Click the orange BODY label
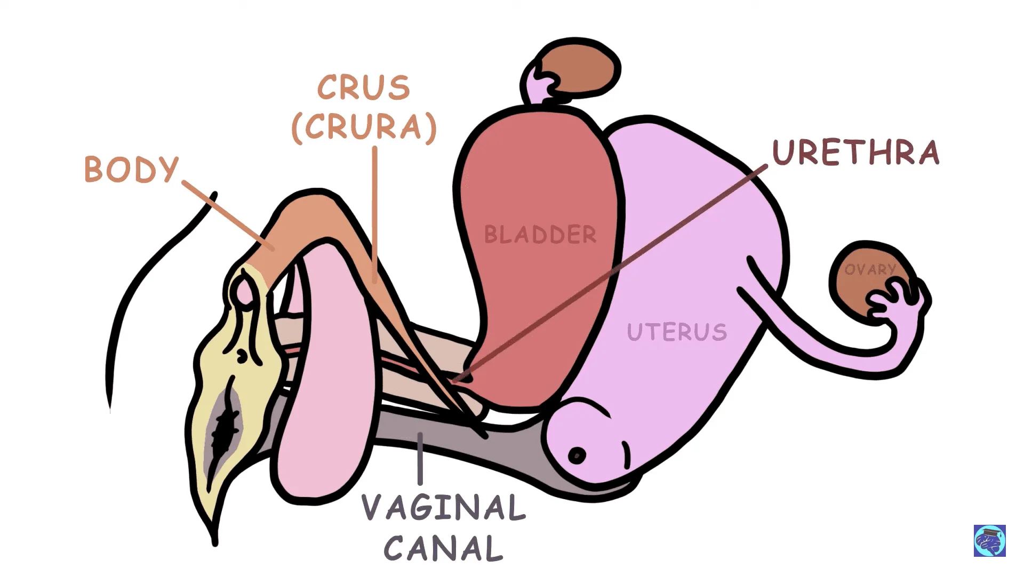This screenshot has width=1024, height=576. click(x=131, y=170)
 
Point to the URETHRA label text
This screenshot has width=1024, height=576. click(x=855, y=153)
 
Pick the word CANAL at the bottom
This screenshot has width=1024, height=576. click(x=443, y=548)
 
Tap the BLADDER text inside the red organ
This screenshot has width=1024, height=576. click(x=540, y=235)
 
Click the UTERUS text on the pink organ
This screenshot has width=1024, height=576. click(x=677, y=332)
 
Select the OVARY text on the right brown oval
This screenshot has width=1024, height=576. click(x=869, y=270)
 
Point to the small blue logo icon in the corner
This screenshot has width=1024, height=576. click(x=989, y=541)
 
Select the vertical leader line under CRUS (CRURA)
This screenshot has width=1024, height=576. click(x=375, y=213)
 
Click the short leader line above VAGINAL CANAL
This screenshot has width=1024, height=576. click(x=420, y=459)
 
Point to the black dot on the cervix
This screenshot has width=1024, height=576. click(x=577, y=456)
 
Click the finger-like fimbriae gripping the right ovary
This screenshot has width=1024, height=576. click(x=901, y=304)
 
